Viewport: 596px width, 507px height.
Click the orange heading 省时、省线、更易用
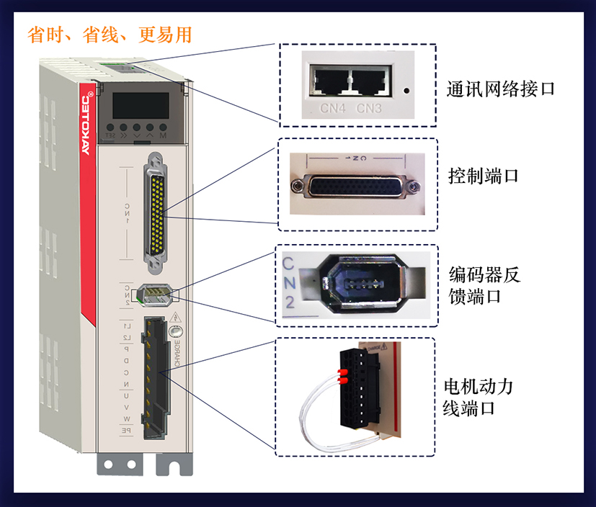point(110,34)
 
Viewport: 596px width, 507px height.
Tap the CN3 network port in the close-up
point(369,80)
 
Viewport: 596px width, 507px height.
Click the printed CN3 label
point(369,109)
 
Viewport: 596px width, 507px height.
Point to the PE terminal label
point(126,430)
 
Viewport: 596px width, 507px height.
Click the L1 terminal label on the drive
point(127,326)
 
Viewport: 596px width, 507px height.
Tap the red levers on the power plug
point(342,375)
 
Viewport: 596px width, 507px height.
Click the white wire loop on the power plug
point(314,407)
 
